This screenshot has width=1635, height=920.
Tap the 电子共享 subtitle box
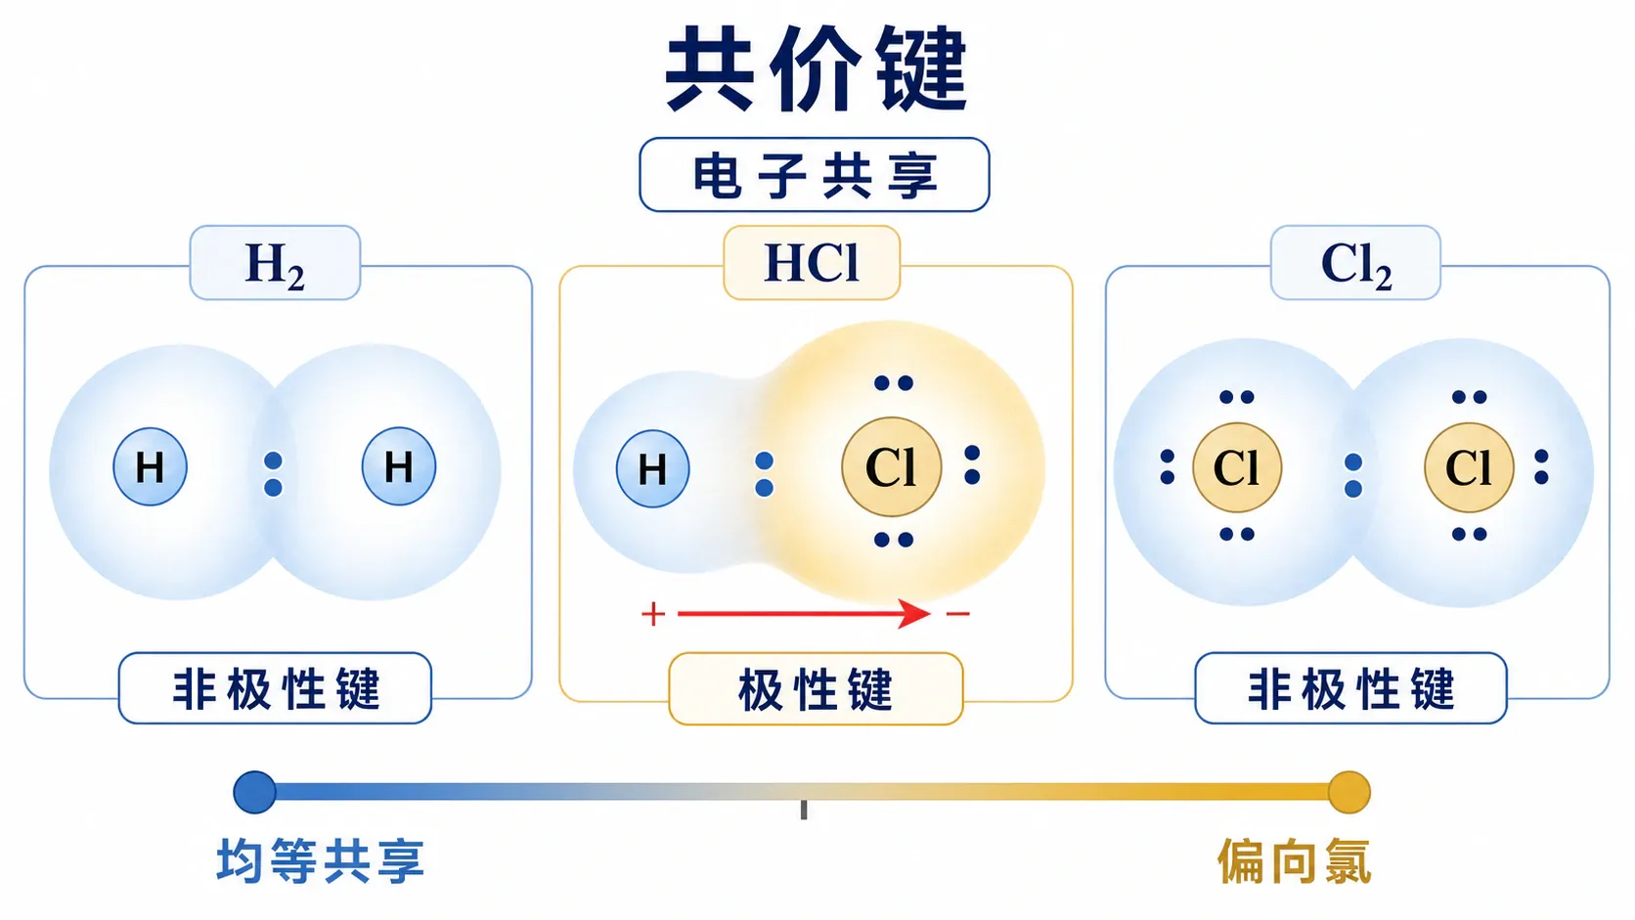pos(815,175)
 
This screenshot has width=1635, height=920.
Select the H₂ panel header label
pos(275,263)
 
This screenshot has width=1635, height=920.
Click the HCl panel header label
pos(812,263)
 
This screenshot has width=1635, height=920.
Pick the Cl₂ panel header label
pos(1355,263)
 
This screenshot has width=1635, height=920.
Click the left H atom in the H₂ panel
pos(151,467)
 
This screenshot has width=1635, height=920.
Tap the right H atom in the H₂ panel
pos(399,467)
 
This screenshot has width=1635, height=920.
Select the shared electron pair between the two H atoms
pos(273,474)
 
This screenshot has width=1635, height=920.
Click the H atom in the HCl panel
pos(652,468)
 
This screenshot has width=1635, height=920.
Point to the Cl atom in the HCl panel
pos(891,467)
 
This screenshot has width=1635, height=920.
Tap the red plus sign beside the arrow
pos(653,614)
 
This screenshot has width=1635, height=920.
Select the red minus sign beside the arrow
pos(957,614)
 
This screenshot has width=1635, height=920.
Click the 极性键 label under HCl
pos(817,688)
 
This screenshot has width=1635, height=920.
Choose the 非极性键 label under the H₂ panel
pos(275,688)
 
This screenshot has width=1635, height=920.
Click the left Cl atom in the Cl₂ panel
pos(1237,467)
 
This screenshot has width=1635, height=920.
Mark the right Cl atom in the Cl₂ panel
pos(1470,467)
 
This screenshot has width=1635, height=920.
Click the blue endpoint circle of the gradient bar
pos(255,792)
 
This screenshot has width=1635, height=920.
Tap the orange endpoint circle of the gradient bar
pos(1348,792)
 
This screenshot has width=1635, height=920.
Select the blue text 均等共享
pos(321,861)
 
